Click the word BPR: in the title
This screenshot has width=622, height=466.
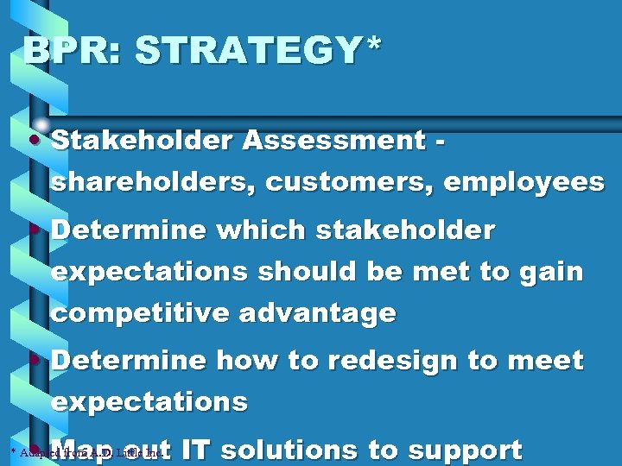tap(73, 51)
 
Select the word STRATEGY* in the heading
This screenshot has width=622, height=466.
tap(257, 51)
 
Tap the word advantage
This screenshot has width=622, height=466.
tap(317, 312)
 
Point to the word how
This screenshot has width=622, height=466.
tap(241, 360)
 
